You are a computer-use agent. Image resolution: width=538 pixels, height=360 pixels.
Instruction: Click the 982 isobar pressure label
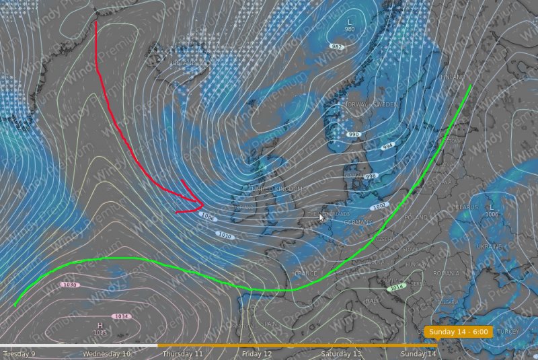tap(336, 46)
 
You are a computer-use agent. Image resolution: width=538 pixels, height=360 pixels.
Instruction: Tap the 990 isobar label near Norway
tap(354, 135)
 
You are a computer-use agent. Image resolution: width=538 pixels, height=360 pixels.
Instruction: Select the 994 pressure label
tap(387, 146)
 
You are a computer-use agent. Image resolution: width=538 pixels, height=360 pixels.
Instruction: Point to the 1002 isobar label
tap(380, 206)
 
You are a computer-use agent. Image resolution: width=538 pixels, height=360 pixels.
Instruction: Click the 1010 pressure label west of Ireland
tap(225, 235)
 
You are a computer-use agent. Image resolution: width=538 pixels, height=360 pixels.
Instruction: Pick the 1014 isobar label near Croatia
tap(397, 287)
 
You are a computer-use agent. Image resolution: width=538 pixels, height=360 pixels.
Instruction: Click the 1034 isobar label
tap(122, 316)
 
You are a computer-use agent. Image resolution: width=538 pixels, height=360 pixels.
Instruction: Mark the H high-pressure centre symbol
tap(100, 325)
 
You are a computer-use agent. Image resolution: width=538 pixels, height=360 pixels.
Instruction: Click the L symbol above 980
tap(349, 22)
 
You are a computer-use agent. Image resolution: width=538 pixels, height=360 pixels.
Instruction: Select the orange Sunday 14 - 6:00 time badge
tap(459, 332)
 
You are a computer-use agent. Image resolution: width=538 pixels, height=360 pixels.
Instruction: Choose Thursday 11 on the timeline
tap(182, 354)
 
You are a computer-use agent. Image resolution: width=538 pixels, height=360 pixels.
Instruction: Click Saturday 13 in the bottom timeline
tap(341, 354)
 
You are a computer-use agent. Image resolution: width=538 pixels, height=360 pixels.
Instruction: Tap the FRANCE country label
tap(306, 273)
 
